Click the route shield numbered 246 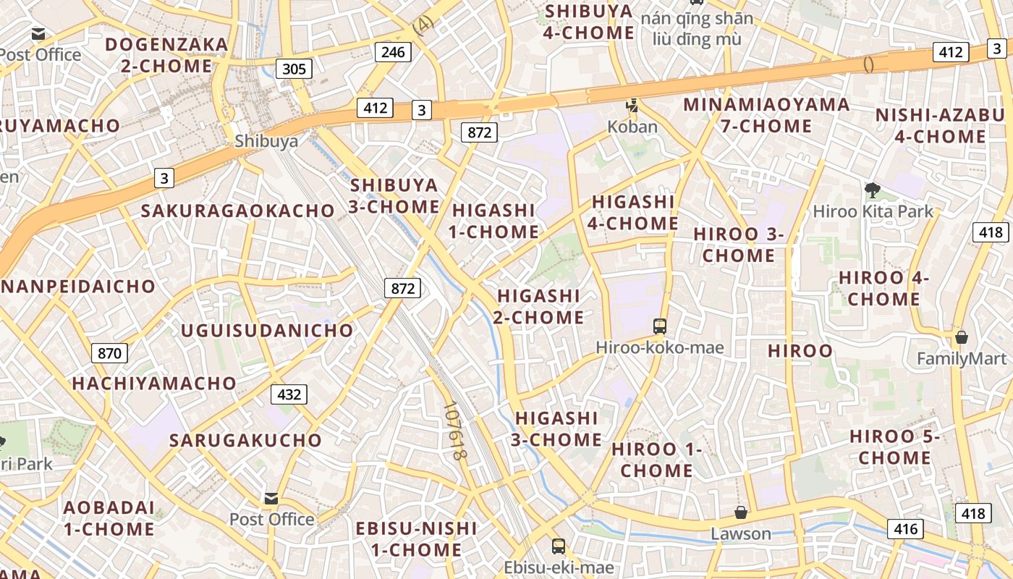pos(393,51)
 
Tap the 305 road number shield pos(294,69)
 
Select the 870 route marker pos(109,353)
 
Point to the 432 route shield pos(289,394)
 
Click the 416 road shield pos(905,528)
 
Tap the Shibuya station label pos(266,141)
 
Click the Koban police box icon pos(632,106)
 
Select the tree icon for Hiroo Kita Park pos(873,190)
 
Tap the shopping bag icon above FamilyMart pos(962,337)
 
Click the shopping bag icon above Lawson pos(741,512)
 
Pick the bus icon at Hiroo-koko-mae pos(660,326)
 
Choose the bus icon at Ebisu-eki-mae pos(559,546)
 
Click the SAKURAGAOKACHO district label pos(238,211)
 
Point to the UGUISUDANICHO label pos(267,331)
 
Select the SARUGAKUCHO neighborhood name pos(245,440)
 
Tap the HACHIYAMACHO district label pos(154,383)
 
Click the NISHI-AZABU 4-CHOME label pos(940,126)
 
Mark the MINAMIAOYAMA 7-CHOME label pos(766,115)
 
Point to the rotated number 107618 pos(453,432)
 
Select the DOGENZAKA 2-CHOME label pos(166,55)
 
